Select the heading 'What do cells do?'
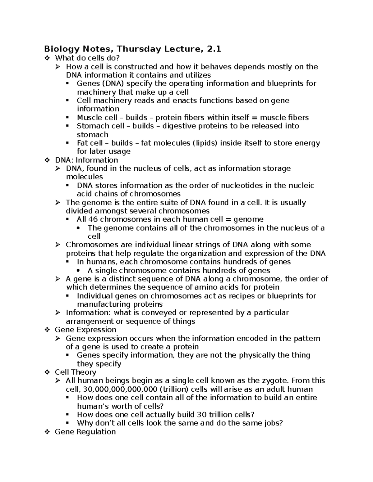pyautogui.click(x=87, y=58)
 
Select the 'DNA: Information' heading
pyautogui.click(x=86, y=160)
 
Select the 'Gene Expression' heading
pyautogui.click(x=85, y=330)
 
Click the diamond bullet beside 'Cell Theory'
pyautogui.click(x=47, y=372)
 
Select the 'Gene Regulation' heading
pyautogui.click(x=85, y=432)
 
